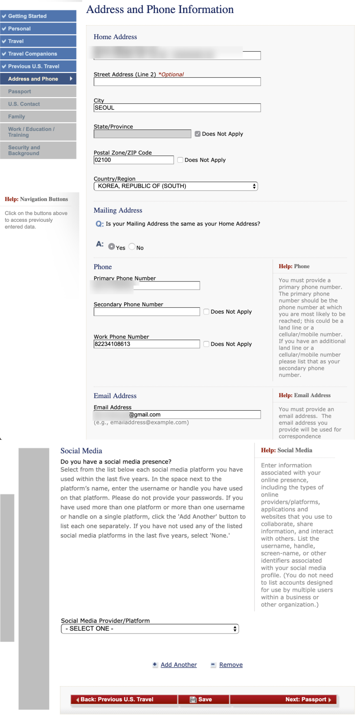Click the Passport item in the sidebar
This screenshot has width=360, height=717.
pos(20,91)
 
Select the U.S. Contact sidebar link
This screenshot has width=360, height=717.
pos(24,104)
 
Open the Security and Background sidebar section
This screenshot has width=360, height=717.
pos(24,150)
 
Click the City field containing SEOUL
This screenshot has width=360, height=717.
pos(177,108)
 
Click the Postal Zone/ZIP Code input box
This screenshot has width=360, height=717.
pos(133,160)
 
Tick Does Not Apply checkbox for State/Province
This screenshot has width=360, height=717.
pos(198,134)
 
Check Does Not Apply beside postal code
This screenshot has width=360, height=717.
pos(180,160)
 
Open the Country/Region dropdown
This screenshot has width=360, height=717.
pos(175,186)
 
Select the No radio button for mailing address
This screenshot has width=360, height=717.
pos(132,246)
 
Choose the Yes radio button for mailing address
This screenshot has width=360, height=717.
pos(112,246)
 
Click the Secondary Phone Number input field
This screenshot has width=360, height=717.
pos(146,312)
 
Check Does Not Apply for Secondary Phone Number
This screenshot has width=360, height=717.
pos(207,312)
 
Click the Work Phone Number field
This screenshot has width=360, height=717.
pos(146,344)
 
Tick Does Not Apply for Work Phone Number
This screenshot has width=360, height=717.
pos(207,344)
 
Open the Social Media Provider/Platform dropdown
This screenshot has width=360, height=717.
pos(150,629)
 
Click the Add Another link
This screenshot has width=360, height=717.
pos(179,665)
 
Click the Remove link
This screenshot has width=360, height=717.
pos(231,665)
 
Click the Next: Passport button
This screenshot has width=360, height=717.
pos(308,699)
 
